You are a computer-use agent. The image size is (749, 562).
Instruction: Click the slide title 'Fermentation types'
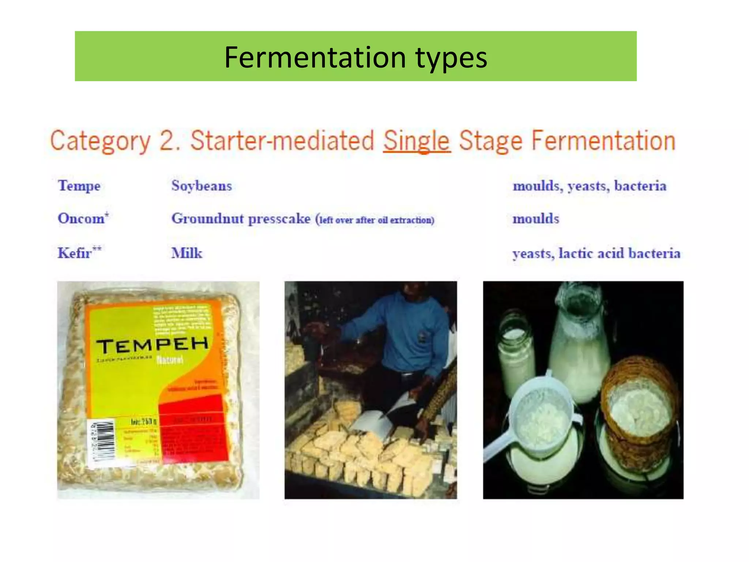click(355, 57)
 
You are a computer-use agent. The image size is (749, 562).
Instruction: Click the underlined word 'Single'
click(417, 141)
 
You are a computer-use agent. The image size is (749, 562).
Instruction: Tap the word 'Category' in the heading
click(100, 141)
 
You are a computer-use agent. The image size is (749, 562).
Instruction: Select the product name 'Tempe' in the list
click(79, 186)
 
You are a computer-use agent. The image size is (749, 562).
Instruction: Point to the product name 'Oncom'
click(81, 218)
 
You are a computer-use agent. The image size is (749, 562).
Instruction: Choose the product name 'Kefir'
click(75, 253)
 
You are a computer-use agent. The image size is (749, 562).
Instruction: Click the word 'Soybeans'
click(202, 186)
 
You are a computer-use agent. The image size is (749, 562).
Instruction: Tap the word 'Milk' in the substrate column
click(187, 253)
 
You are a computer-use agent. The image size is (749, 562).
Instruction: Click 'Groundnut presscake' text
click(241, 219)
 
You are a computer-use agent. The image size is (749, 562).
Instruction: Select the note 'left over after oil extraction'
click(376, 220)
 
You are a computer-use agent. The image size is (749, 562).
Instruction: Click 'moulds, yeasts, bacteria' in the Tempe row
click(590, 186)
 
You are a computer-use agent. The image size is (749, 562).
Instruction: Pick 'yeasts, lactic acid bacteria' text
click(596, 253)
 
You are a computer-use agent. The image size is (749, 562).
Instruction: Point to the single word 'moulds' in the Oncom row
click(536, 219)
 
